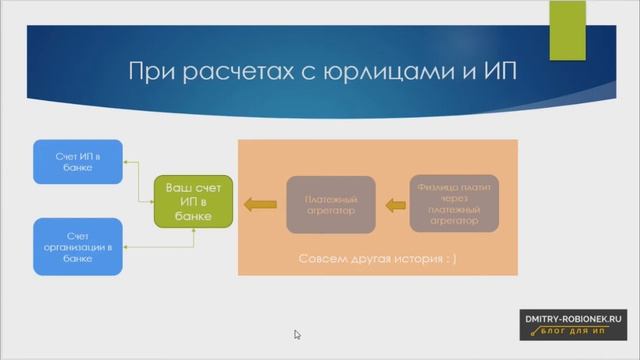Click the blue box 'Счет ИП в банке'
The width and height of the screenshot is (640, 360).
click(76, 161)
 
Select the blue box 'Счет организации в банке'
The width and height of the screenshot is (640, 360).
click(76, 245)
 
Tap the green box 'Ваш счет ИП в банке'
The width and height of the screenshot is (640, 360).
click(194, 204)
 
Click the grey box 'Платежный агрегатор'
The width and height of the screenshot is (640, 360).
click(330, 204)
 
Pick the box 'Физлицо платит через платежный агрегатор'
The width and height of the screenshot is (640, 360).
click(453, 203)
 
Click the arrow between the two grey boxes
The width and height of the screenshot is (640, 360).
click(395, 205)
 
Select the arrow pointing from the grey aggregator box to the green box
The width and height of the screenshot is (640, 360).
click(262, 205)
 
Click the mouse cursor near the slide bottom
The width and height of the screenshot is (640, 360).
click(298, 335)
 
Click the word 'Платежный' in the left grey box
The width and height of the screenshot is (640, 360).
click(330, 198)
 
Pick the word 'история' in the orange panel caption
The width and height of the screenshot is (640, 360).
click(419, 259)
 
